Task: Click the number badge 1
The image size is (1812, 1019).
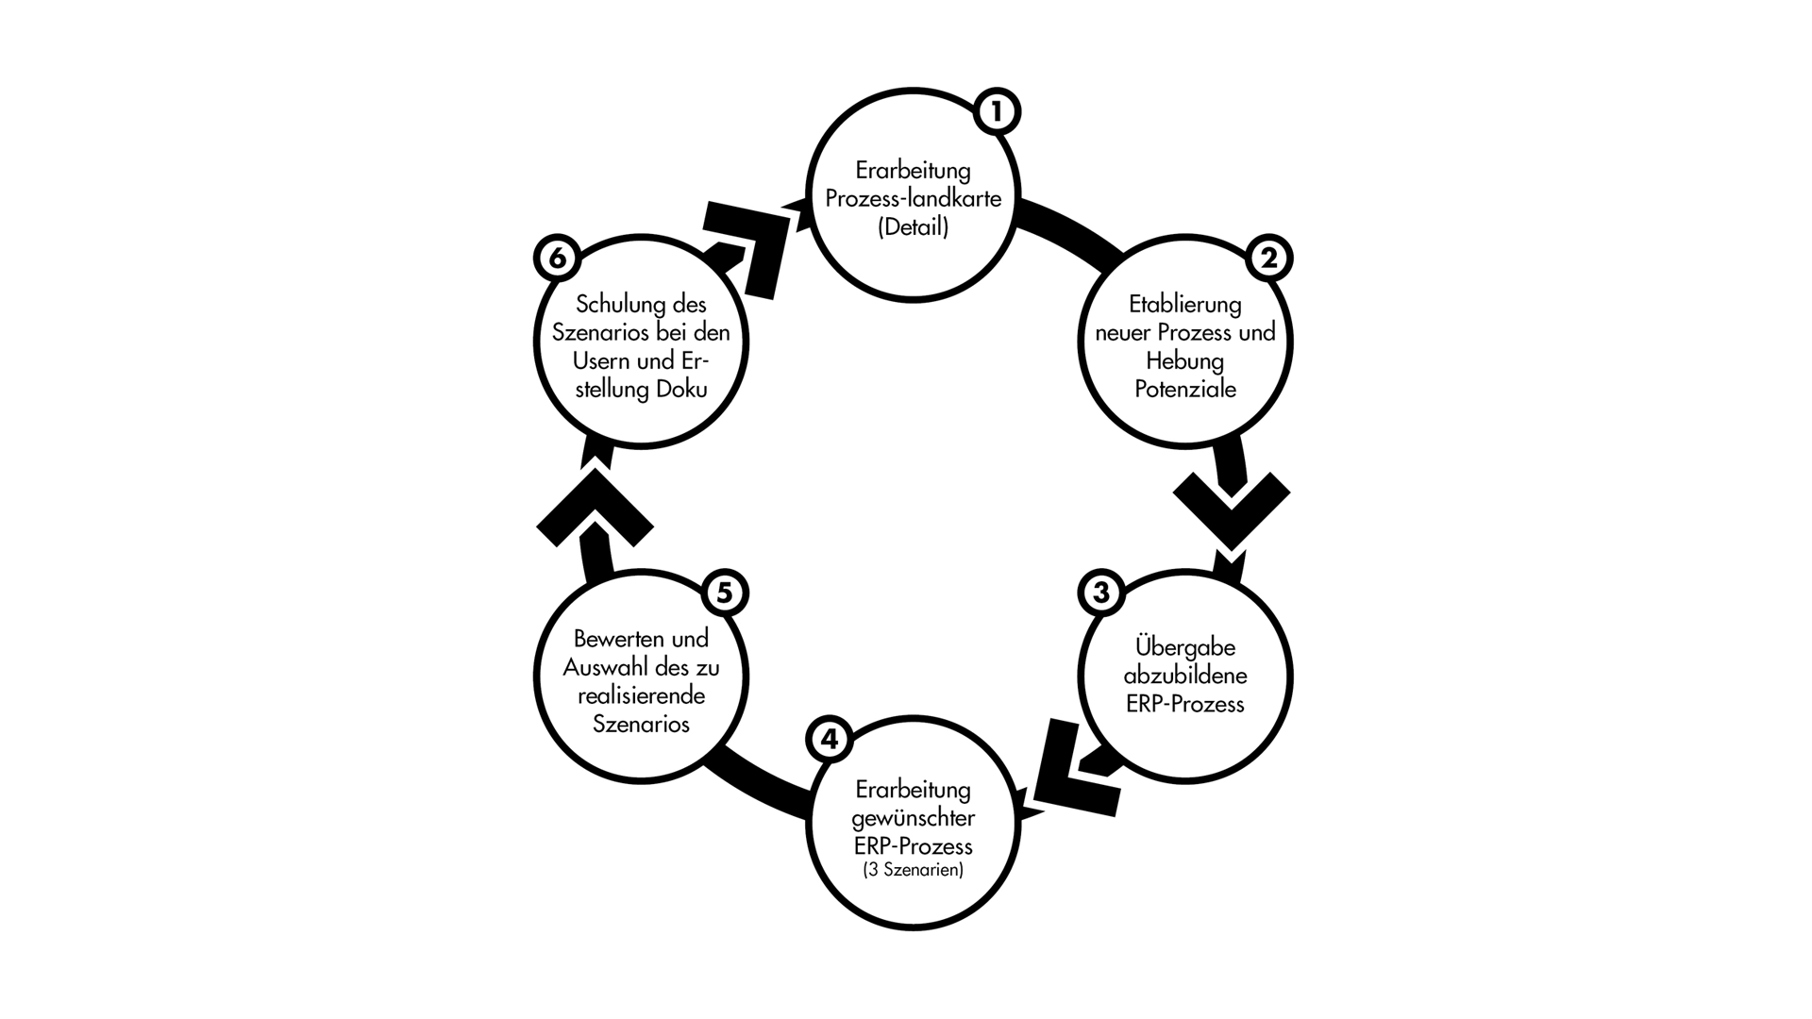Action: tap(997, 112)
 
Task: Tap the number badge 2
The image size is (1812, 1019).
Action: tap(1268, 258)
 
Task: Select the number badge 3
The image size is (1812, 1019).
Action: tap(1100, 593)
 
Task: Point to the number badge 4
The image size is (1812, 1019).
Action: tap(829, 739)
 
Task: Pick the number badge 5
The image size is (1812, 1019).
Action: tap(724, 593)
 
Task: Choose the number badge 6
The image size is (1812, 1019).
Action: tap(557, 258)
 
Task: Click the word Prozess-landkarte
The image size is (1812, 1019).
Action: tap(913, 199)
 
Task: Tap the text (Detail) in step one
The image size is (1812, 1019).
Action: tap(913, 227)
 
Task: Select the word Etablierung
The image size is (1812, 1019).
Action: tap(1184, 305)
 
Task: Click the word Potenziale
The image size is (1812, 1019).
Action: tap(1185, 389)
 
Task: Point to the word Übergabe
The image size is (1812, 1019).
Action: tap(1185, 647)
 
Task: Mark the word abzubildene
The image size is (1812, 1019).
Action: tap(1185, 676)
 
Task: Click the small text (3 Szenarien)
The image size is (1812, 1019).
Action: tap(913, 870)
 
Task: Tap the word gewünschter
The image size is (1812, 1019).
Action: tap(913, 817)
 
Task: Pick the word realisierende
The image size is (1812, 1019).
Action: tap(641, 695)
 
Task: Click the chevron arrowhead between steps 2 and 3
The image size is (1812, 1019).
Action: tap(1231, 509)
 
